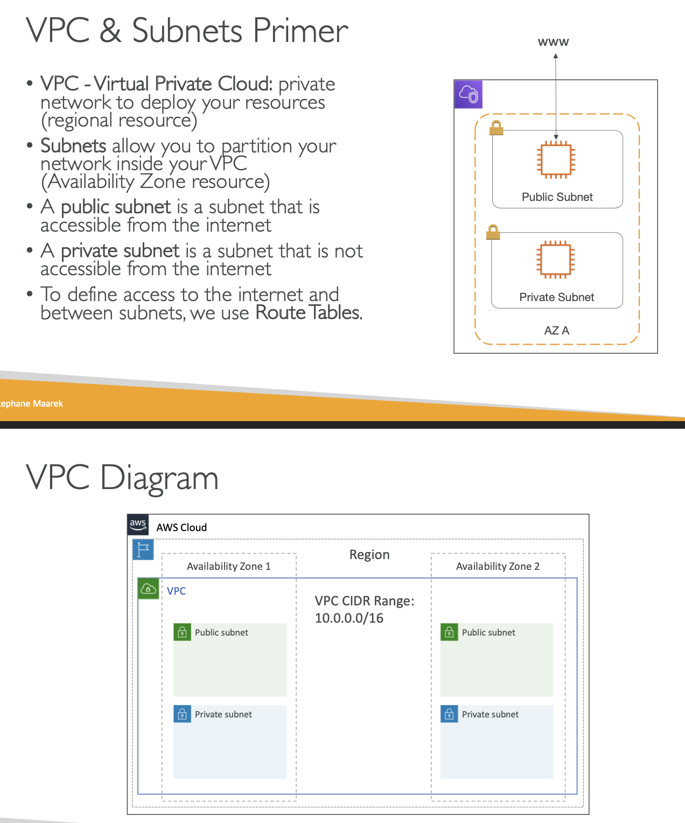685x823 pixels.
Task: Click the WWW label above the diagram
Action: point(553,42)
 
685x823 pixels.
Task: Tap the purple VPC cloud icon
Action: point(468,94)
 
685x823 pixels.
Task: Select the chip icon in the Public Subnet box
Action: point(556,159)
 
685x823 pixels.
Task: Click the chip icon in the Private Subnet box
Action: point(556,260)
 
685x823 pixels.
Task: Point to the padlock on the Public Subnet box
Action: point(496,128)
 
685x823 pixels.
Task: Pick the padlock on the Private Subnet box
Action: point(493,232)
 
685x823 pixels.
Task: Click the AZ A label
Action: point(556,330)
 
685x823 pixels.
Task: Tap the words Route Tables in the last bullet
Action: point(307,313)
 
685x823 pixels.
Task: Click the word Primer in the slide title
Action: point(300,31)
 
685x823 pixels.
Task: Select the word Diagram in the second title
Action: point(159,478)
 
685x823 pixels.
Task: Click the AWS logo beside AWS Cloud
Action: point(138,525)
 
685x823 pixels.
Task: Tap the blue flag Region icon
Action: point(143,549)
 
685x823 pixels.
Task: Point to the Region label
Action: point(369,555)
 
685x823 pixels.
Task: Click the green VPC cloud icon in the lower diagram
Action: point(149,589)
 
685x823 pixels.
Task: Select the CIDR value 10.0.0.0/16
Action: point(349,618)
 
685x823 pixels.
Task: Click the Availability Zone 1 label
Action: point(228,566)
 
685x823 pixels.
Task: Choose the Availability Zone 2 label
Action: point(498,566)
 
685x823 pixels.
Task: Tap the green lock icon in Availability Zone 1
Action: point(183,632)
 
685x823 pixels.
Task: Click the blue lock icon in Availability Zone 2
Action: point(449,714)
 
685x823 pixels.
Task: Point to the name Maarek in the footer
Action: point(48,403)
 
